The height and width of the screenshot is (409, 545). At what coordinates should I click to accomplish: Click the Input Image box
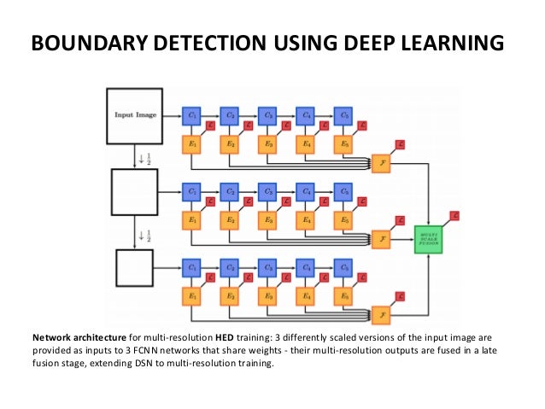click(x=135, y=115)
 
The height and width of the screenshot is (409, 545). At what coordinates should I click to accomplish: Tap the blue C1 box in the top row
click(x=192, y=114)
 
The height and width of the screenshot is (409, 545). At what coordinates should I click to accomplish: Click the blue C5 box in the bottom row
click(x=344, y=267)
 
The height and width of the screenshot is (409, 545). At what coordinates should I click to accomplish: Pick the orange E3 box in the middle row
click(x=268, y=220)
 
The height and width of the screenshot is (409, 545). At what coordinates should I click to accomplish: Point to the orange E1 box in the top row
click(x=192, y=143)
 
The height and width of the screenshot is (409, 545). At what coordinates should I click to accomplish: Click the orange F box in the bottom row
click(x=381, y=316)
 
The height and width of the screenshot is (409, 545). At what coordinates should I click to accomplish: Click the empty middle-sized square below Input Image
click(x=135, y=192)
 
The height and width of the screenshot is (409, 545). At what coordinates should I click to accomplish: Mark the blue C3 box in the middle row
click(x=268, y=191)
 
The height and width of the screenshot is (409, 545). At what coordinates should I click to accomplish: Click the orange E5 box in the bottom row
click(x=344, y=296)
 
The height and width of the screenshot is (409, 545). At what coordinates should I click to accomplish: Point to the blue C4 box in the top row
click(x=306, y=114)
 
